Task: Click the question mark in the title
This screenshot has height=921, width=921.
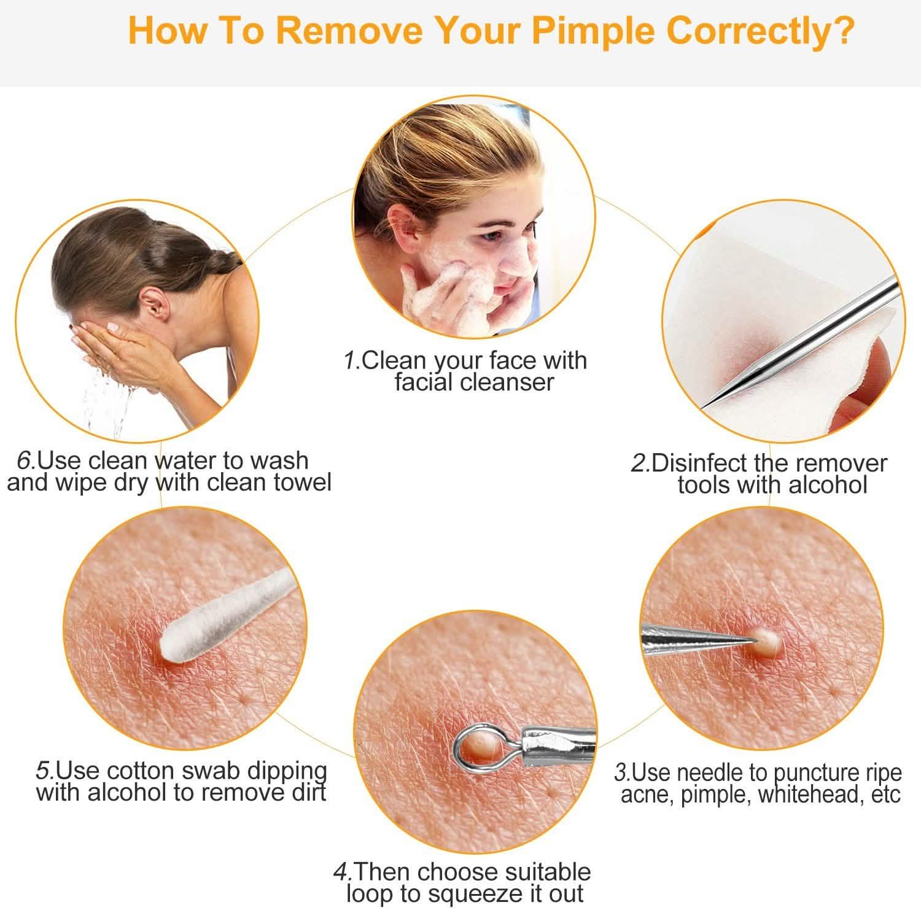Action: coord(842,31)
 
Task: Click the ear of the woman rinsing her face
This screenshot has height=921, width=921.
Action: coord(149,299)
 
